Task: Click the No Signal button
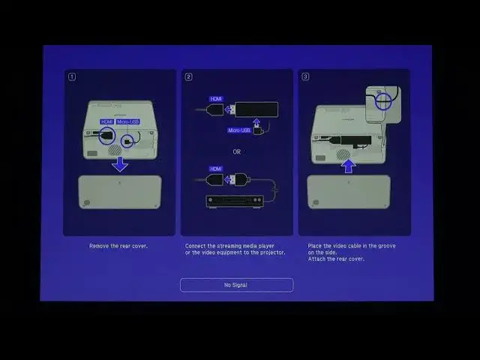coord(236,285)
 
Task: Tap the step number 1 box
coord(72,76)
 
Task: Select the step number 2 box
coord(189,76)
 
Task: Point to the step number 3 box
coord(306,76)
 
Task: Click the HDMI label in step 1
coord(106,121)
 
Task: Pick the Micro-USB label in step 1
coord(127,121)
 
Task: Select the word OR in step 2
coord(236,151)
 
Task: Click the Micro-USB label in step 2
coord(239,130)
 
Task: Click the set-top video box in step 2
coord(235,201)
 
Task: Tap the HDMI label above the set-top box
coord(216,169)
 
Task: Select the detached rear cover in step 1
coord(120,192)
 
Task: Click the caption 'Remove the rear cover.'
coord(118,246)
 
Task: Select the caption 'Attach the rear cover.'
coord(336,259)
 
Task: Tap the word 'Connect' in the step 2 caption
coord(196,246)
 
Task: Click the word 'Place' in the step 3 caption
coord(315,246)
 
